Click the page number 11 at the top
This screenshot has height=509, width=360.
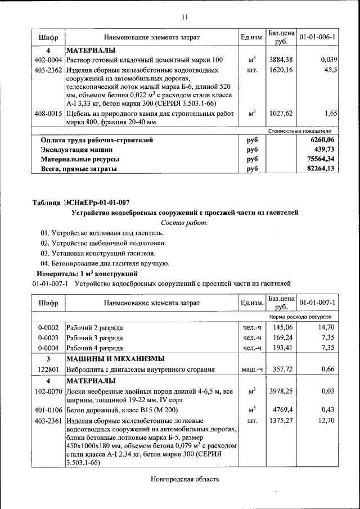point(184,17)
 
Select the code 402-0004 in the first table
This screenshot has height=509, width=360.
point(48,60)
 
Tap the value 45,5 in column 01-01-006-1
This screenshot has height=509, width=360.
point(330,70)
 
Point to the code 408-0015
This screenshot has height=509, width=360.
point(48,113)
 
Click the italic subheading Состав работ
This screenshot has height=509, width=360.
point(184,223)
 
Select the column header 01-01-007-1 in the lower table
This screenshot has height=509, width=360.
point(317,303)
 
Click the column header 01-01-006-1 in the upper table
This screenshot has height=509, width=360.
point(317,37)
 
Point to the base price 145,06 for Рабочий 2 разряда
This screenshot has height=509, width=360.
point(282,327)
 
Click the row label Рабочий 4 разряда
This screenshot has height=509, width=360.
point(95,348)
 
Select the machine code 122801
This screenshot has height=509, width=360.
point(48,370)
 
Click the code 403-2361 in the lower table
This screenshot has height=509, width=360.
point(48,420)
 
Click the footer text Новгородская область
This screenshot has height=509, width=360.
point(184,479)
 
